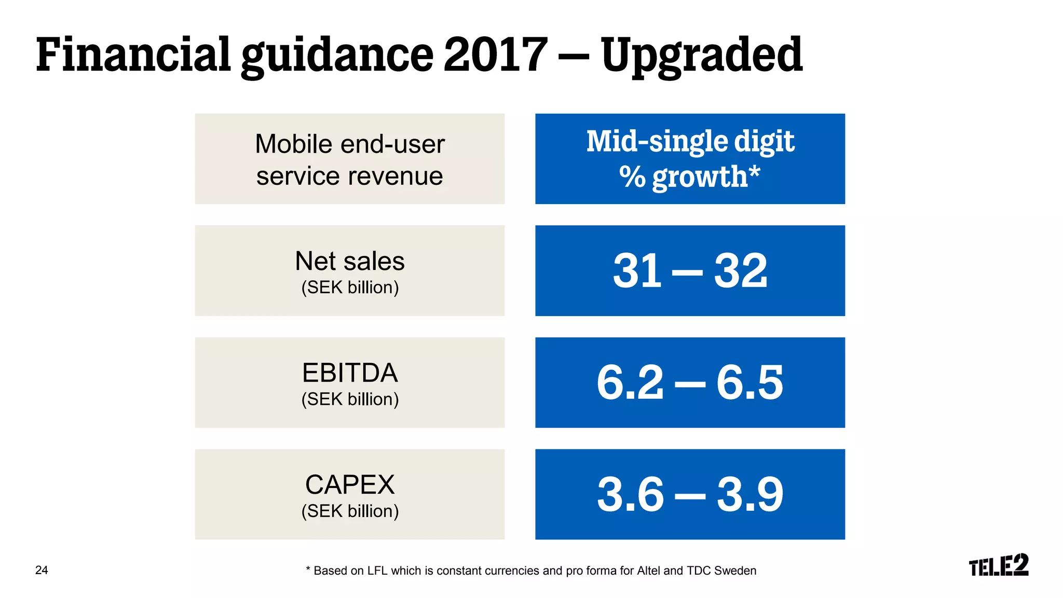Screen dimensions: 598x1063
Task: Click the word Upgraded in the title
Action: (701, 56)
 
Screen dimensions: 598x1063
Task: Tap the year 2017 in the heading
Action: (495, 55)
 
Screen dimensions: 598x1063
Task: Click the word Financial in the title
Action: (133, 55)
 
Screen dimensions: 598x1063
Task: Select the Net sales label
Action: (349, 261)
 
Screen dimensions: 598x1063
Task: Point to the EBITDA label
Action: (349, 373)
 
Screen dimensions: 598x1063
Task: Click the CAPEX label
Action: (349, 485)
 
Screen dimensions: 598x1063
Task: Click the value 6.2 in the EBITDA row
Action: (630, 383)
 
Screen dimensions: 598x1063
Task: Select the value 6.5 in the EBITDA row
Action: (749, 383)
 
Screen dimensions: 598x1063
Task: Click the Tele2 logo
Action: (998, 565)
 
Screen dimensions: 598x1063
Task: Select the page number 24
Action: (42, 570)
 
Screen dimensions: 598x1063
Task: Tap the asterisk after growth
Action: (755, 171)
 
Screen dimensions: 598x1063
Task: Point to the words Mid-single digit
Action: (690, 141)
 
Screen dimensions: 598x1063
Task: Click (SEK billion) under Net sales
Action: (350, 287)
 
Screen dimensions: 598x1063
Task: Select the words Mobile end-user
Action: (349, 144)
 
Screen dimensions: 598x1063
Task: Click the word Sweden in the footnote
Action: (735, 570)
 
